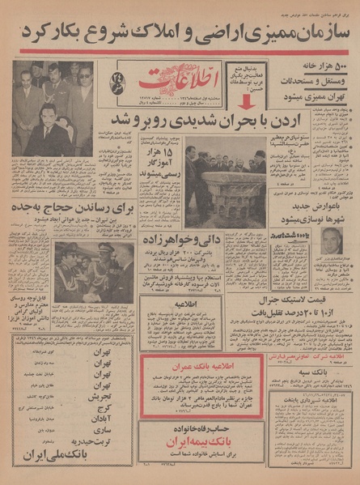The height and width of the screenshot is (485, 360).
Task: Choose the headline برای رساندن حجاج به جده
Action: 60,208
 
